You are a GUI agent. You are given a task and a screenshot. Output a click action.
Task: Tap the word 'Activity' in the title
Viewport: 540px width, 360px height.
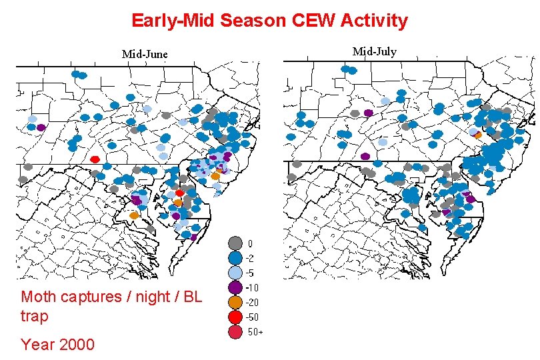click(x=374, y=21)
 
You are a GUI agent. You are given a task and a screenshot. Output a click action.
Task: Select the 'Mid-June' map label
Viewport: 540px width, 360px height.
click(x=145, y=54)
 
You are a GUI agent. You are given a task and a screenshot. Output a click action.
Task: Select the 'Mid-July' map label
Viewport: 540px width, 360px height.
click(x=374, y=51)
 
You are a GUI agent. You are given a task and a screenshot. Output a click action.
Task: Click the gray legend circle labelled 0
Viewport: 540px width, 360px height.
click(x=235, y=243)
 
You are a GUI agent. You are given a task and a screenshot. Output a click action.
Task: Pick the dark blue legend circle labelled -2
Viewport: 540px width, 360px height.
click(x=235, y=258)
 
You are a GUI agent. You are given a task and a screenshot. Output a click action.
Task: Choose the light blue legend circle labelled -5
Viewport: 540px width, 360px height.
click(x=235, y=273)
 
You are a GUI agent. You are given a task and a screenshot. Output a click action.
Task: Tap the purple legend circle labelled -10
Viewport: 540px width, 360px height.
click(x=235, y=287)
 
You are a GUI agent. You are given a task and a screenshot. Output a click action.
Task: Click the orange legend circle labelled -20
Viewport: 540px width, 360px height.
click(x=235, y=302)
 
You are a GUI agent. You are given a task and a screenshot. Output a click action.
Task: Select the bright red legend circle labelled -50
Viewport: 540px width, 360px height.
click(x=235, y=317)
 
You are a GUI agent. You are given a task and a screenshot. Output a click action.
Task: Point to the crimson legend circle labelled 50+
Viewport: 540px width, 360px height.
click(x=235, y=331)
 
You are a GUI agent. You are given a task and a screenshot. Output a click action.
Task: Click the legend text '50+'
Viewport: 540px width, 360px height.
click(x=255, y=332)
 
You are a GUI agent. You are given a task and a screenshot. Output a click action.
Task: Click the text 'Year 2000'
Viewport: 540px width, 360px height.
click(x=57, y=345)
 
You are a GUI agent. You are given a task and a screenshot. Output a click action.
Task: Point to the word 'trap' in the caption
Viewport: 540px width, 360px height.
click(x=35, y=316)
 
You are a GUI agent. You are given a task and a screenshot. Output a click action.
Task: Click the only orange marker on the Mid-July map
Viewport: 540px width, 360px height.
click(x=477, y=135)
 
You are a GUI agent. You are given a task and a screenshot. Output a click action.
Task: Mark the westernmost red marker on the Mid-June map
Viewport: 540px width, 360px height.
click(x=95, y=159)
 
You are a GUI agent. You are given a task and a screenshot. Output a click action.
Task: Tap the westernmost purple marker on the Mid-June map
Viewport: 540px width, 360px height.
click(x=41, y=127)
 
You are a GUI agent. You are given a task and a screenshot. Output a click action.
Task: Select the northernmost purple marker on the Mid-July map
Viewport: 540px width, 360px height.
click(x=368, y=113)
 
